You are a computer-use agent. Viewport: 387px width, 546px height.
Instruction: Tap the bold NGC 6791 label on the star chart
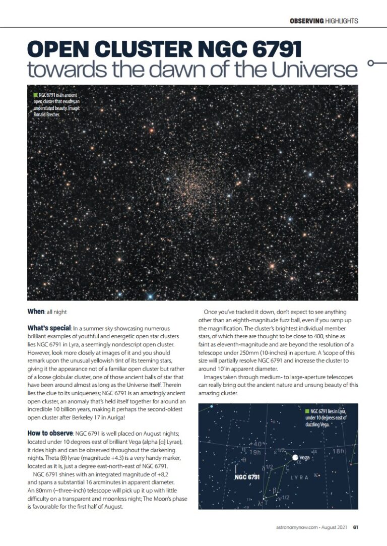[x=247, y=477]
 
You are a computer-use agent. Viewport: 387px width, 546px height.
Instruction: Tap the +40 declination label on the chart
[x=256, y=444]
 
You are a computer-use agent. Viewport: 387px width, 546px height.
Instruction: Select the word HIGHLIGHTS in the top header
[x=342, y=21]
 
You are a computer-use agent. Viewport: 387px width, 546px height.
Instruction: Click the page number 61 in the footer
[x=355, y=528]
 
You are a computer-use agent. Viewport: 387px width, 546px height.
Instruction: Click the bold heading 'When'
[x=36, y=312]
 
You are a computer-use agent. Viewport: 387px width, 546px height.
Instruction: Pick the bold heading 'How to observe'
[x=50, y=433]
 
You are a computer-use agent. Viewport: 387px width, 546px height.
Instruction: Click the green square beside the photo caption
[x=34, y=94]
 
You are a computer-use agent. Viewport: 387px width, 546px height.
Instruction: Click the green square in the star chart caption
[x=307, y=412]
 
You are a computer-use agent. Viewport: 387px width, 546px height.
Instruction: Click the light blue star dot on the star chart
[x=212, y=406]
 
